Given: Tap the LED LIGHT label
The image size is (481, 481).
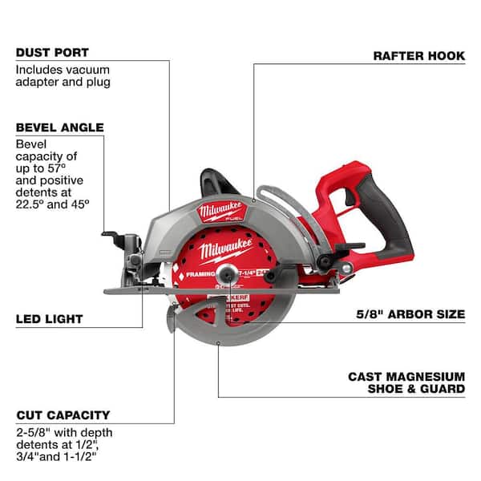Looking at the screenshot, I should point(48,319).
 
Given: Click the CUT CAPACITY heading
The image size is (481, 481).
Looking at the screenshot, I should point(62,415).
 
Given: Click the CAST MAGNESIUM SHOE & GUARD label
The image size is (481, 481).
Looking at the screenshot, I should point(406,382).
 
